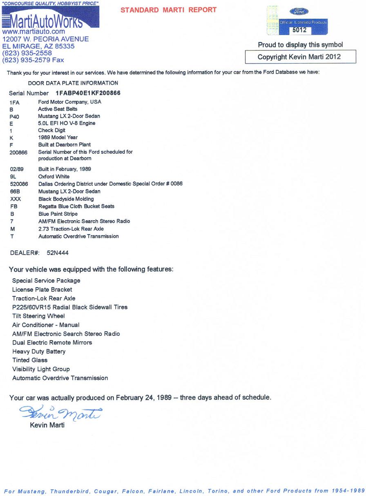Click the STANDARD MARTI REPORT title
[x=168, y=10]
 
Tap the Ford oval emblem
[x=299, y=11]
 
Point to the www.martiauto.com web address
[x=33, y=31]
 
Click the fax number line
[x=33, y=60]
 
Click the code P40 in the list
[x=14, y=117]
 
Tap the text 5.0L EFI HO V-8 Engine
[x=66, y=123]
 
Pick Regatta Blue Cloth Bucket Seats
[x=76, y=206]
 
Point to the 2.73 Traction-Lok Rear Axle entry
[x=71, y=229]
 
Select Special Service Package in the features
[x=46, y=281]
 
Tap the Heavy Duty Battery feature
[x=39, y=351]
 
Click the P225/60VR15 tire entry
[x=70, y=307]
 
